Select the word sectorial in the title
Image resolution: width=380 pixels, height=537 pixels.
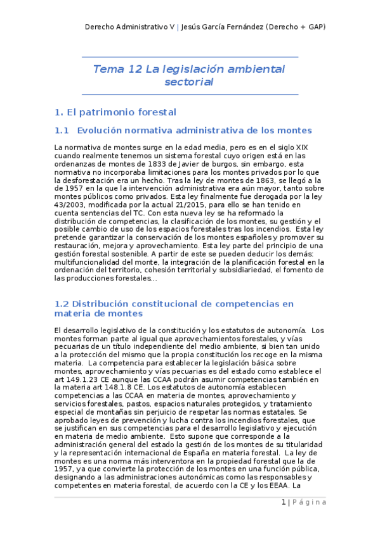click(x=189, y=82)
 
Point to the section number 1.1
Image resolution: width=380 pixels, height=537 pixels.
click(x=61, y=130)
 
